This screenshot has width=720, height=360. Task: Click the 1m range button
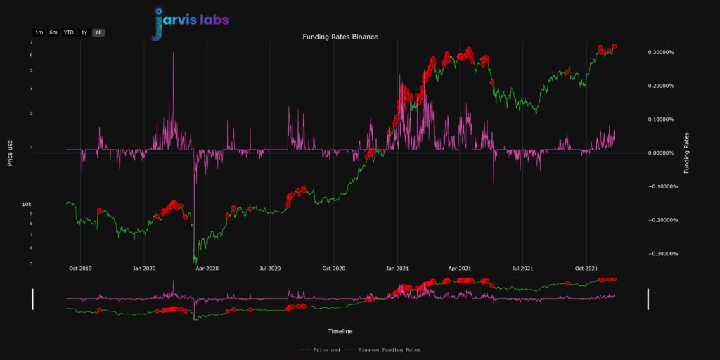coord(39,32)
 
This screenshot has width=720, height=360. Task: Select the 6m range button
coord(53,32)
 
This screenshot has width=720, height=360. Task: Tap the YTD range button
coord(69,32)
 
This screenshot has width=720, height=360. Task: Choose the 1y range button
coord(84,32)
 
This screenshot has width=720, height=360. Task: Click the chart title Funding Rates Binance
coord(340,37)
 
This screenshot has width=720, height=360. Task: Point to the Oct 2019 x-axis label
coord(80,268)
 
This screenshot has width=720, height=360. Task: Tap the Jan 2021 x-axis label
coord(398,268)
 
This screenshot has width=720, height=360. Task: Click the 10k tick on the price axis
coord(26,204)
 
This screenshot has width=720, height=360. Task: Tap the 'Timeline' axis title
coord(340,331)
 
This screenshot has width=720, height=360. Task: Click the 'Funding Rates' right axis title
coord(687,153)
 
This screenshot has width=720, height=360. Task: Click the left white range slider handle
coord(32,298)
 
